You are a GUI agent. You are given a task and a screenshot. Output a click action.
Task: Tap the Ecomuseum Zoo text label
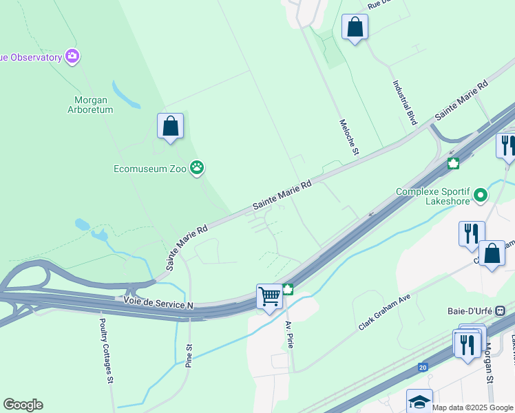coord(151,168)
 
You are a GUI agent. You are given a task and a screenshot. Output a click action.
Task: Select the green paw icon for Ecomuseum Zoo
coord(198,167)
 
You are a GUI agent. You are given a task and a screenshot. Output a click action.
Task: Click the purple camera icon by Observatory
coord(72,56)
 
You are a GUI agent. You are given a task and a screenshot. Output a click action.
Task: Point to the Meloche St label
coord(349,136)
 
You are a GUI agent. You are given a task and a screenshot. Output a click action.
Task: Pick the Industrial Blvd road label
coord(405,103)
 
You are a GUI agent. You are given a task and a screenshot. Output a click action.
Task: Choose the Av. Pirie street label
coord(289,335)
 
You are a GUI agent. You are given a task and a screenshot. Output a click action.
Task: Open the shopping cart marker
coord(270,295)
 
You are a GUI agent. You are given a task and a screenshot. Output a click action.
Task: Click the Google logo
coord(23,405)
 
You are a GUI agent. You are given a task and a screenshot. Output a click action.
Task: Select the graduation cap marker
coord(419,401)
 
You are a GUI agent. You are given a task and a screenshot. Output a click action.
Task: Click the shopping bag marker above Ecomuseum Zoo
coord(170,126)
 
